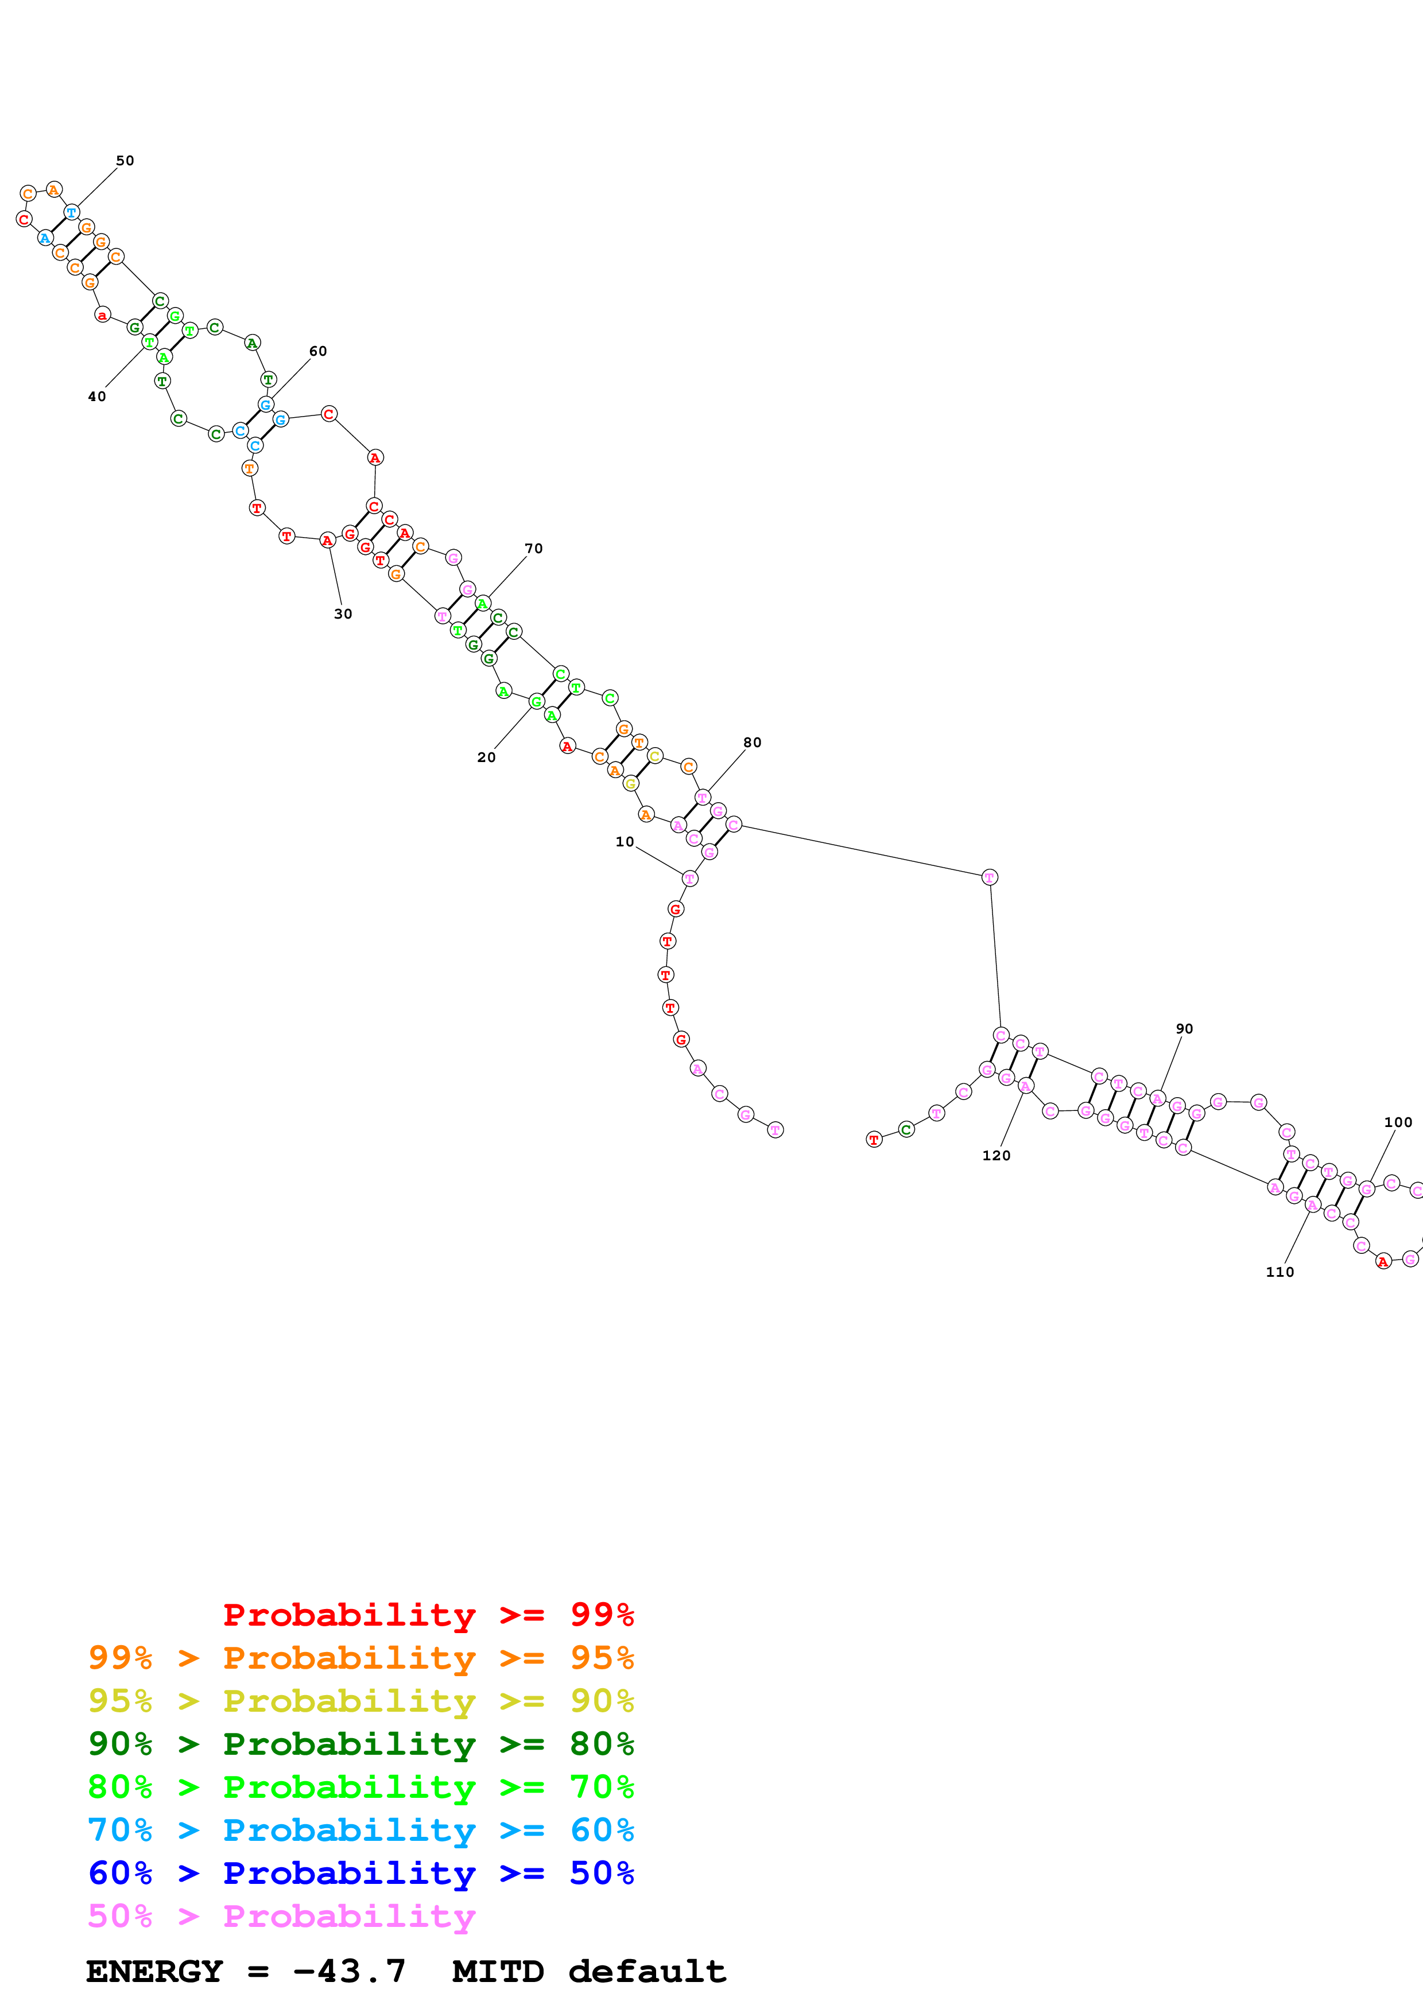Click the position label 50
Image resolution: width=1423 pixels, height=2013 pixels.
point(125,161)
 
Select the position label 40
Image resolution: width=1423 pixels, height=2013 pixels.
point(96,397)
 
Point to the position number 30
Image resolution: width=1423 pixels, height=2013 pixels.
point(343,614)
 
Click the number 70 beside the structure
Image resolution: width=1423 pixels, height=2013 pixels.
point(533,548)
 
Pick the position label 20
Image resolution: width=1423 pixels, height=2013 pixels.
point(486,757)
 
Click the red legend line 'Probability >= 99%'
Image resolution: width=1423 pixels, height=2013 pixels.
point(428,1614)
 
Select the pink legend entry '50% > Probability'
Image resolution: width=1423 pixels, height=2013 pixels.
point(281,1915)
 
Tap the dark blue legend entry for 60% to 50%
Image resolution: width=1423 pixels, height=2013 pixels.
point(360,1873)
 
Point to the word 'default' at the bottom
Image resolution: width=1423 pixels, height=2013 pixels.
point(647,1971)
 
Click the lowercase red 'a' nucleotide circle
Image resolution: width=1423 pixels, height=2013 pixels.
point(103,315)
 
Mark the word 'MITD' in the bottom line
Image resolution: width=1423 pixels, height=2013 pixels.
point(497,1971)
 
